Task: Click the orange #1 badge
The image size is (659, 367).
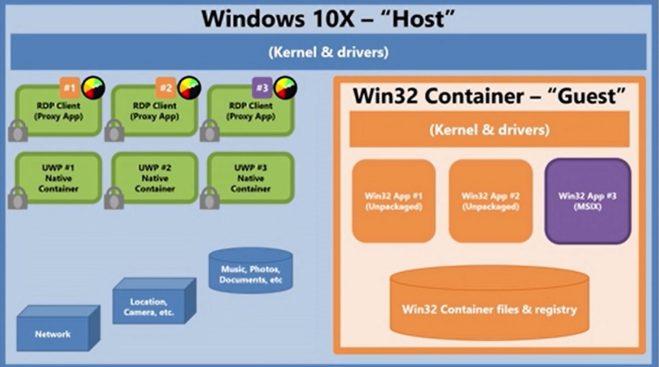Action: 70,88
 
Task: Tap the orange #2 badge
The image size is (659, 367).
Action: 165,88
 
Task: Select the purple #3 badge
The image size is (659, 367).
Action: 262,88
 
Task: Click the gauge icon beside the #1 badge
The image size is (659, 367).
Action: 93,88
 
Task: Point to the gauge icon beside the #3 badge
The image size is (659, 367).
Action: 285,88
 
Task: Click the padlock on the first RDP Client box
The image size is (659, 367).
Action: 18,131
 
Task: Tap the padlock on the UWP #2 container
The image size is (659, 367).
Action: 114,198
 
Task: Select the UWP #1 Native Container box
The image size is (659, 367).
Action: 58,178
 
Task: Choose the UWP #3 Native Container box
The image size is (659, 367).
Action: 250,178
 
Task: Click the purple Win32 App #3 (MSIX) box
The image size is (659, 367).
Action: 588,201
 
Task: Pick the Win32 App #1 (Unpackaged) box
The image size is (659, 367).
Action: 394,201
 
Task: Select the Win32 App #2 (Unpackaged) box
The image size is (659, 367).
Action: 491,201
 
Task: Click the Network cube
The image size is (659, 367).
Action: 58,328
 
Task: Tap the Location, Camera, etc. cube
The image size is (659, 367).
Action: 154,301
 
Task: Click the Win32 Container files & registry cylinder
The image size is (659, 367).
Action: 489,303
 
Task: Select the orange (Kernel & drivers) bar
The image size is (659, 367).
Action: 489,129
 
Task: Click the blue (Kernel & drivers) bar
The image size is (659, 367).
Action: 328,52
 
